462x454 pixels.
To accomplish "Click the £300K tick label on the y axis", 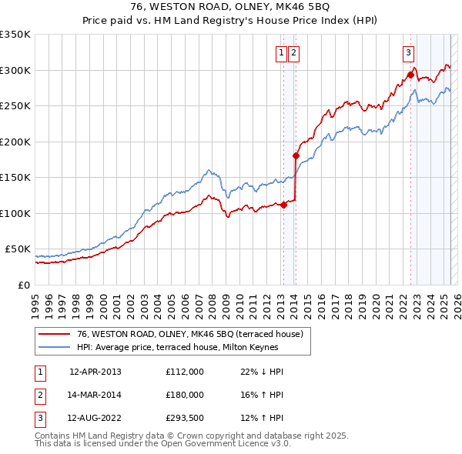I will [x=15, y=70].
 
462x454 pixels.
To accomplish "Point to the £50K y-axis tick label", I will [x=18, y=249].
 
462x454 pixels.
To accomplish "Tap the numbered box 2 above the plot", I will [x=294, y=53].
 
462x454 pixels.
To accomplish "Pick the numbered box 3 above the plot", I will [x=407, y=53].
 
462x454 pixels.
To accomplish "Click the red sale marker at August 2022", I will [x=410, y=75].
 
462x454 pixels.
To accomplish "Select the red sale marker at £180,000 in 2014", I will [x=296, y=155].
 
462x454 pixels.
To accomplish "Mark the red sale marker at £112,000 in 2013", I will [x=283, y=205].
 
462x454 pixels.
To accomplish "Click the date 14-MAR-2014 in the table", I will [x=95, y=395].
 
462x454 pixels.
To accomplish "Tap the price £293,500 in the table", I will [x=185, y=419].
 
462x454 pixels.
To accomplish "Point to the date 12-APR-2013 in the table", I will [x=95, y=371].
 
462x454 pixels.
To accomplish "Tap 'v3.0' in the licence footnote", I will [x=279, y=445].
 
